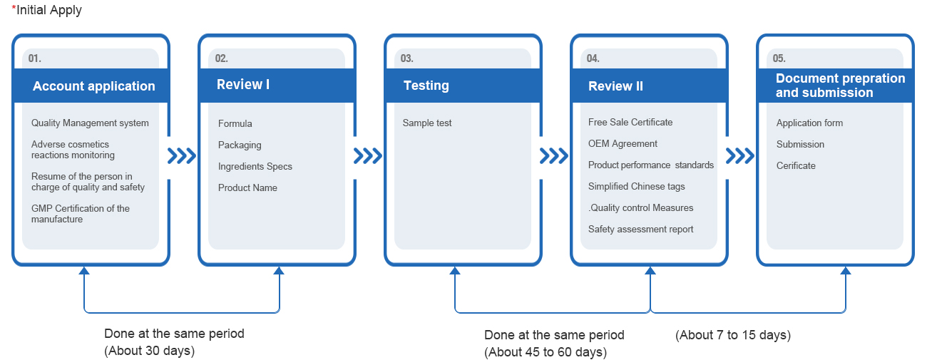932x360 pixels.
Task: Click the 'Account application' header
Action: click(x=93, y=86)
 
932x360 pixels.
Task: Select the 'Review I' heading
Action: click(x=243, y=85)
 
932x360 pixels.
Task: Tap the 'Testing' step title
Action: click(x=426, y=86)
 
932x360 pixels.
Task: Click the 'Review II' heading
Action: click(x=615, y=86)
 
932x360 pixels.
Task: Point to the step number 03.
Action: click(x=407, y=58)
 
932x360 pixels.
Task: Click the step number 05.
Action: click(x=779, y=58)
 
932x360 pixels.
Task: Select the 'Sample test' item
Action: click(x=427, y=123)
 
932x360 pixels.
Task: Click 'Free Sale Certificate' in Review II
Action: click(x=630, y=122)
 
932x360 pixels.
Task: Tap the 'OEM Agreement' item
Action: click(x=623, y=143)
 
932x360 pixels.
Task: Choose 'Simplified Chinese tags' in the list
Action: click(x=636, y=187)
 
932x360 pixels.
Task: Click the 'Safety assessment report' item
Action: click(x=641, y=229)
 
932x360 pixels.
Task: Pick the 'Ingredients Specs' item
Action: click(x=255, y=167)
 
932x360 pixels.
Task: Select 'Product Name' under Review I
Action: click(x=247, y=187)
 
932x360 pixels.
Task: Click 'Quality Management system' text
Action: click(x=90, y=123)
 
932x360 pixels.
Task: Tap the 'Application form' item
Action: click(x=809, y=123)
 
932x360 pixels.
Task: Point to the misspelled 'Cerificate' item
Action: click(x=796, y=165)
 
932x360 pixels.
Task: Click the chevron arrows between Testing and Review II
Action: click(x=554, y=156)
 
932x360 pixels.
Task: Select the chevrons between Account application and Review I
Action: click(x=181, y=156)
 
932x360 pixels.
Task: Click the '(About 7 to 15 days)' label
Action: click(x=733, y=335)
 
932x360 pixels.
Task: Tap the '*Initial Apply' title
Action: click(x=46, y=9)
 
